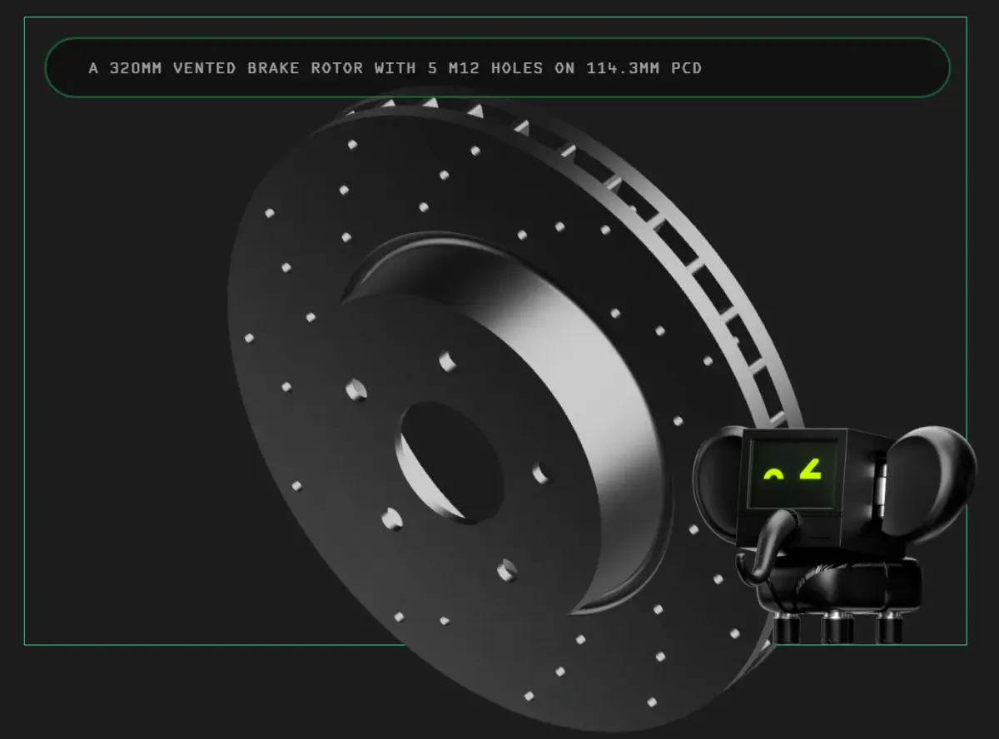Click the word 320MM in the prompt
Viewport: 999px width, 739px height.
coord(136,68)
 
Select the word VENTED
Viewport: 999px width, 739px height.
coord(205,68)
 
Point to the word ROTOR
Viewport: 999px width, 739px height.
coord(337,68)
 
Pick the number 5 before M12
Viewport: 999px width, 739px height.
coord(432,68)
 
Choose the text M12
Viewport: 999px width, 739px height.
coord(464,68)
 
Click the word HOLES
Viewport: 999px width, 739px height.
coord(517,68)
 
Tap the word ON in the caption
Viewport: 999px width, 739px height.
coord(564,68)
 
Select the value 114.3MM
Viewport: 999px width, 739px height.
coord(623,68)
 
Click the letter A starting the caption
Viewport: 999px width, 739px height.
coord(93,68)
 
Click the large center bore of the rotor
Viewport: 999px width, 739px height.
coord(450,463)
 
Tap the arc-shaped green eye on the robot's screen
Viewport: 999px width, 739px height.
coord(773,475)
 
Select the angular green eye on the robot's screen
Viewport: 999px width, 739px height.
coord(810,471)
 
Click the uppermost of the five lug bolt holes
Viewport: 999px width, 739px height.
coord(447,360)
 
